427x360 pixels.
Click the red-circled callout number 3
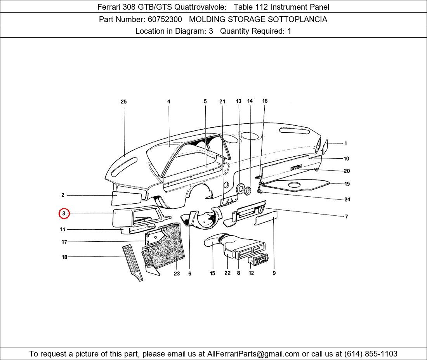[x=64, y=213]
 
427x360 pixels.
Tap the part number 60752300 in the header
[x=165, y=19]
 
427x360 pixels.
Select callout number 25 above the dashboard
[x=123, y=102]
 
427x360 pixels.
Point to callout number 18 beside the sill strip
[x=64, y=257]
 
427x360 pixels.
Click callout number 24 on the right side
[x=347, y=199]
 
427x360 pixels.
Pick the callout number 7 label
[x=346, y=216]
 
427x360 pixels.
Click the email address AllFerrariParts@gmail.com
[x=253, y=354]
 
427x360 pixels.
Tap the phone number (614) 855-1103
[x=371, y=354]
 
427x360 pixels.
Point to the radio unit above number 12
[x=258, y=259]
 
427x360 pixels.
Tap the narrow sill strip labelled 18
[x=132, y=263]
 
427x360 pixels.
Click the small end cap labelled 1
[x=325, y=147]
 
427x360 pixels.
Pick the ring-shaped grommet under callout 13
[x=240, y=189]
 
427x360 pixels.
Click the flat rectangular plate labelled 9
[x=266, y=218]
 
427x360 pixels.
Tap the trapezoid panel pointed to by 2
[x=127, y=198]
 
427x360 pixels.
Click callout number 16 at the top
[x=265, y=101]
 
